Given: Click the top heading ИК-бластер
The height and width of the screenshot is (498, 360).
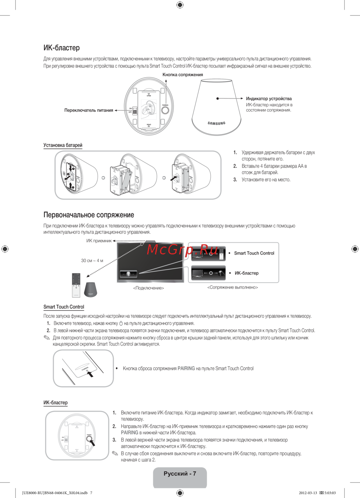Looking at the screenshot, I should (x=62, y=48).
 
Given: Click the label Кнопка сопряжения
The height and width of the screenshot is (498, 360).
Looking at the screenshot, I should (x=183, y=75).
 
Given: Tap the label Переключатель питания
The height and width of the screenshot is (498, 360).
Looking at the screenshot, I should (x=89, y=110).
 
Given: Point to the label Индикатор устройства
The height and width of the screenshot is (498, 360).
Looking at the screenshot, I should (x=269, y=99).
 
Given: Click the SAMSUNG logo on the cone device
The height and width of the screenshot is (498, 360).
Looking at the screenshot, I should (x=216, y=123).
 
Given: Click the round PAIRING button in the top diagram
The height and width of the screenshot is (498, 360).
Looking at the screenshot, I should (x=165, y=110).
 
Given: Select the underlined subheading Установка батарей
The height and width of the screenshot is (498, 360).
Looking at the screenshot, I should (x=63, y=145).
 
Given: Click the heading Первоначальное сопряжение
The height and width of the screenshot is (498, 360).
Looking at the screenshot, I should (x=89, y=215).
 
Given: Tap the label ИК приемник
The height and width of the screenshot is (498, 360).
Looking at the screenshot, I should (x=99, y=241).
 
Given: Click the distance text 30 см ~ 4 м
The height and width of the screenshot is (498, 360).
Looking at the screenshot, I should (x=92, y=261).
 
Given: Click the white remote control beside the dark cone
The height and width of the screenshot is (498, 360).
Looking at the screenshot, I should (x=76, y=285).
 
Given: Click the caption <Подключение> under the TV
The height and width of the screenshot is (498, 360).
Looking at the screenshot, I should (x=148, y=288).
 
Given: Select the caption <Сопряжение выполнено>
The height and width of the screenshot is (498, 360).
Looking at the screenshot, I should (x=233, y=288).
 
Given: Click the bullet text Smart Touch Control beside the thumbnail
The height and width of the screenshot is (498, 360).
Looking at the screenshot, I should (x=254, y=253).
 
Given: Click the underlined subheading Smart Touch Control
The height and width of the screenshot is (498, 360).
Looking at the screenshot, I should (x=64, y=307).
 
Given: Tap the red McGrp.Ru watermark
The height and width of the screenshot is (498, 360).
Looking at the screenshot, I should (x=182, y=249).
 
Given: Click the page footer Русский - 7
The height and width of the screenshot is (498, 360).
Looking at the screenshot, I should (x=180, y=474).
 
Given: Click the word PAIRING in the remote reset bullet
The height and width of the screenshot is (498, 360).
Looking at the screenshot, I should (x=186, y=368).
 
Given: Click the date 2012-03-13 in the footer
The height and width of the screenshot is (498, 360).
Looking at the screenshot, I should (x=308, y=493).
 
